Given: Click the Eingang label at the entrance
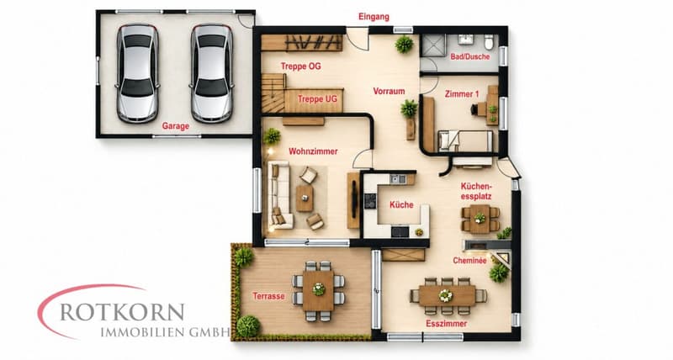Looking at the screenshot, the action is tap(374, 17).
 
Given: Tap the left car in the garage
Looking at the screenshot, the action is tap(137, 73).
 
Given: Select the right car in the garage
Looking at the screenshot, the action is tap(212, 73).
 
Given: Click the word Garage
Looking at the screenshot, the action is tap(176, 126).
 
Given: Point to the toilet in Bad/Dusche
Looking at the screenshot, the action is tap(489, 42).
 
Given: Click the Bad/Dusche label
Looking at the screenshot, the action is tap(470, 56).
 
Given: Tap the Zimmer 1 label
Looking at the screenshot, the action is tap(462, 94).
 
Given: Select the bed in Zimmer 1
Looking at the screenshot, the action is tap(465, 141).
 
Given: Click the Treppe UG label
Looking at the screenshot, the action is tap(318, 99).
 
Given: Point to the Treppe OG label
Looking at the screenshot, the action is tap(301, 66).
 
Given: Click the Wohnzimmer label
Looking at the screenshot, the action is tap(313, 151).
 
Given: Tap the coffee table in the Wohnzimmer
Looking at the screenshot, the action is tap(305, 199).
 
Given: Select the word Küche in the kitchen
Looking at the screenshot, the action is tap(401, 204).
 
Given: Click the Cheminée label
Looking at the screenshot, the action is tap(469, 261).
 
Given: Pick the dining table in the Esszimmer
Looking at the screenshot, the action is tap(448, 295).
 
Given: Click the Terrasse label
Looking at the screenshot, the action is tap(268, 296).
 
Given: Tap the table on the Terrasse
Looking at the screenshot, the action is tap(319, 290).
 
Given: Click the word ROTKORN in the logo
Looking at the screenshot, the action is tap(122, 312).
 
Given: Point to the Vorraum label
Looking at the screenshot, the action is tap(389, 91).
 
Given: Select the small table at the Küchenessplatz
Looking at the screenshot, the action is tap(480, 219).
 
